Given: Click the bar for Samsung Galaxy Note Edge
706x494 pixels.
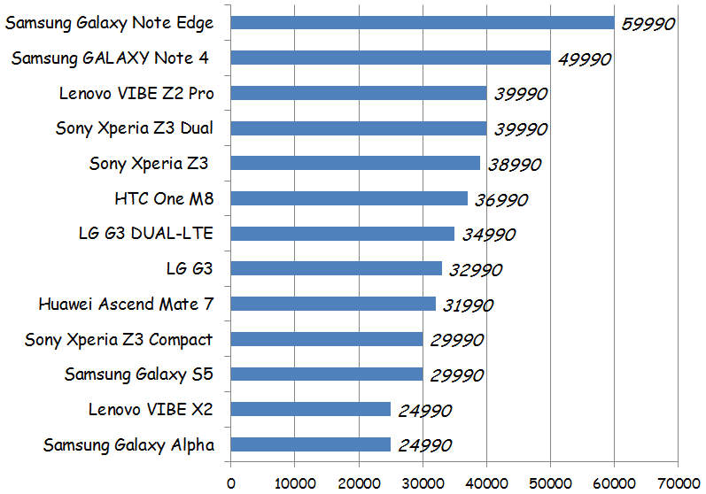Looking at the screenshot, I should pyautogui.click(x=422, y=23).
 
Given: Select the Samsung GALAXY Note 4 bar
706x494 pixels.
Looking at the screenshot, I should pyautogui.click(x=390, y=58).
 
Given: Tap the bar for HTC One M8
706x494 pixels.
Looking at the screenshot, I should pyautogui.click(x=349, y=199).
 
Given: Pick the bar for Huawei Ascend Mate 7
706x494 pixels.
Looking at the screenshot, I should pyautogui.click(x=333, y=305).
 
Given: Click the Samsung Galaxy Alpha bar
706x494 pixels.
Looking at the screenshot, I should pyautogui.click(x=310, y=444).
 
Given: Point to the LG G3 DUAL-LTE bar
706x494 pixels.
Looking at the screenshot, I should pyautogui.click(x=342, y=235).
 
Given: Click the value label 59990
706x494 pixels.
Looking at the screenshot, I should pyautogui.click(x=648, y=24).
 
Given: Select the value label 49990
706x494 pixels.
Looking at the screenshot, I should pyautogui.click(x=583, y=59).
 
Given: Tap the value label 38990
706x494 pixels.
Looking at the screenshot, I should pyautogui.click(x=513, y=165).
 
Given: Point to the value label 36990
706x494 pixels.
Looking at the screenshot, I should pyautogui.click(x=500, y=200).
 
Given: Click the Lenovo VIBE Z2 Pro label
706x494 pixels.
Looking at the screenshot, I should pyautogui.click(x=136, y=93).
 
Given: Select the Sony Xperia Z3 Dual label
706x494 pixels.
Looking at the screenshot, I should pyautogui.click(x=135, y=128).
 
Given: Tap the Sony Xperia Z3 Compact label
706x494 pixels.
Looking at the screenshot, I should pyautogui.click(x=119, y=339).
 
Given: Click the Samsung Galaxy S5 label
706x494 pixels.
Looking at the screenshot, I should pyautogui.click(x=139, y=374).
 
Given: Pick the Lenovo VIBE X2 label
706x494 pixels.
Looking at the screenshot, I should pyautogui.click(x=151, y=409).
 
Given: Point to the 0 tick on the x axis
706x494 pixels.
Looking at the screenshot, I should pyautogui.click(x=231, y=483).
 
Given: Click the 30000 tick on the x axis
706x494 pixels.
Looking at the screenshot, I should pyautogui.click(x=423, y=483).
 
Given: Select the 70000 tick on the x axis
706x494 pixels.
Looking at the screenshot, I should pyautogui.click(x=678, y=483).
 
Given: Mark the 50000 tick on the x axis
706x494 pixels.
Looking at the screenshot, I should pyautogui.click(x=550, y=483).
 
